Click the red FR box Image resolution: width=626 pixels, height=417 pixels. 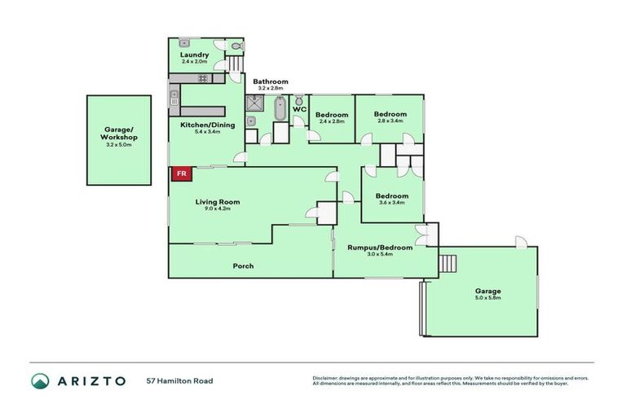tap(181, 173)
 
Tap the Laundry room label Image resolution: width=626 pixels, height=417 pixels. tap(195, 55)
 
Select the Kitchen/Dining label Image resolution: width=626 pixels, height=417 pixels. tap(207, 125)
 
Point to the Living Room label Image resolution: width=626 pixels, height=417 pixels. tap(217, 201)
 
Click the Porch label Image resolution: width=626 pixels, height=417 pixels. tap(243, 266)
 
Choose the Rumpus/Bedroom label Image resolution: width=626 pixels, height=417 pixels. tap(380, 247)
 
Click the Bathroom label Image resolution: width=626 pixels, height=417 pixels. tap(270, 81)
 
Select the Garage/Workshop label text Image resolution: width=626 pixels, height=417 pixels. tap(120, 134)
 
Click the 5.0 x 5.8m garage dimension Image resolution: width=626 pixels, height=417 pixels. tap(488, 299)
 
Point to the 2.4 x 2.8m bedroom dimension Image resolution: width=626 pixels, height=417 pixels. tap(332, 121)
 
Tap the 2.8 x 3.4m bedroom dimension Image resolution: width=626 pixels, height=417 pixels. tap(390, 121)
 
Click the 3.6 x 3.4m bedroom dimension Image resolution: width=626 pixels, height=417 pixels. tap(390, 203)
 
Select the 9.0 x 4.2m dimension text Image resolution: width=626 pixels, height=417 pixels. tap(217, 208)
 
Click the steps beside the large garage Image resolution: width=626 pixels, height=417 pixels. tap(447, 264)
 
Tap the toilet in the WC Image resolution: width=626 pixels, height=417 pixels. tap(298, 100)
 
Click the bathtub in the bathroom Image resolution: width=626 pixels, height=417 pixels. tap(280, 109)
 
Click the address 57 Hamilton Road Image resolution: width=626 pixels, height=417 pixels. tap(179, 380)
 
